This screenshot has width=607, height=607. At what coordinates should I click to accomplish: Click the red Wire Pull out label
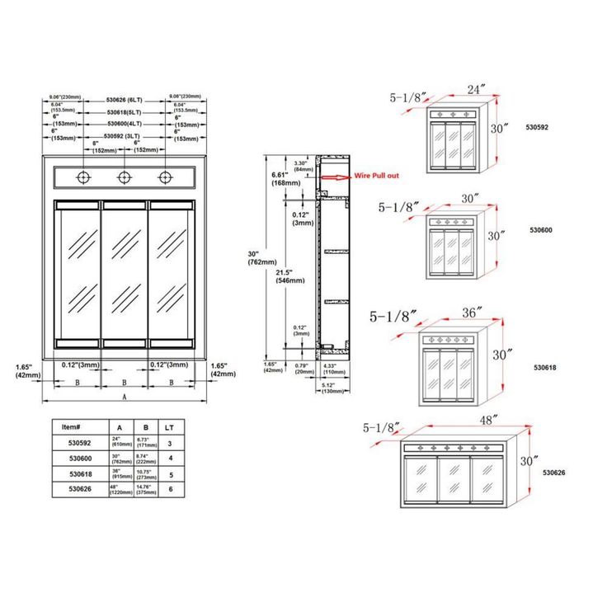pos(377,176)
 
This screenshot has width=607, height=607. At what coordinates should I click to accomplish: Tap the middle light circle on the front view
pos(125,177)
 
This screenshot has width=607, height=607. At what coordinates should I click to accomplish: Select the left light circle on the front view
pos(83,177)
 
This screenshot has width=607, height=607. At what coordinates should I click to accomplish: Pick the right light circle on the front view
pos(166,177)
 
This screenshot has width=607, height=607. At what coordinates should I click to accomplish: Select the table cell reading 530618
pos(81,474)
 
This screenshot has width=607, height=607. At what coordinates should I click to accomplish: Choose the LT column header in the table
pos(169,426)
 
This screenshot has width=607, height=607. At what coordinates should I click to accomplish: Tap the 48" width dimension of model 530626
pos(490,420)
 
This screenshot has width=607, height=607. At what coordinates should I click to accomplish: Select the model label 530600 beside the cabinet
pos(541,231)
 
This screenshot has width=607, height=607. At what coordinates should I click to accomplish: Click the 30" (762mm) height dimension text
pos(253,257)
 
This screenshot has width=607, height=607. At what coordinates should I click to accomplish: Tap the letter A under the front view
pos(125,396)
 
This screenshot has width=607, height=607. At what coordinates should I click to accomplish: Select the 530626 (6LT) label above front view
pos(125,99)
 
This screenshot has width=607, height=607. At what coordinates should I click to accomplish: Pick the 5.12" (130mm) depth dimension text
pos(332,388)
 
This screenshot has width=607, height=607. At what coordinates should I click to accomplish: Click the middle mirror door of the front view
pos(125,272)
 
